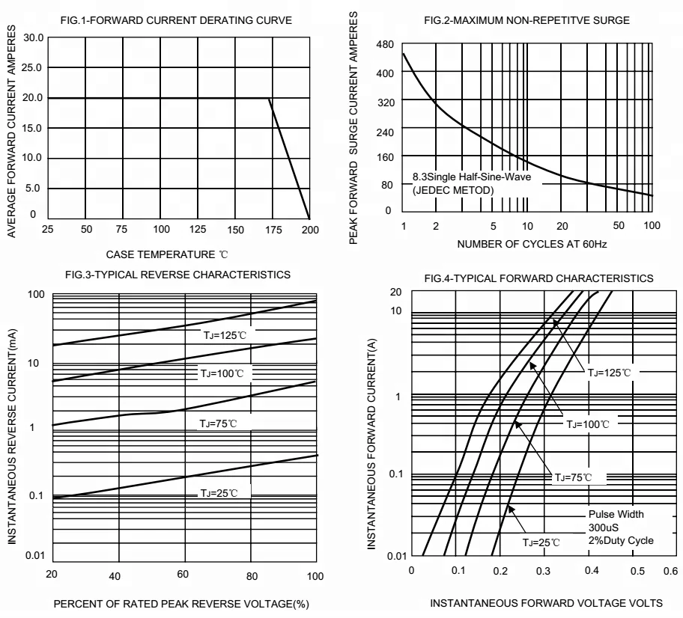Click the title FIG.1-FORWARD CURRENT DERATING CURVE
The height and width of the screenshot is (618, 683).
pos(175,19)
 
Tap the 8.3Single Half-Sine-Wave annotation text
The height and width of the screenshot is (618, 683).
pos(464,177)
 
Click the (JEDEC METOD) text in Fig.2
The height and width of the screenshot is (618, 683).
pos(453,190)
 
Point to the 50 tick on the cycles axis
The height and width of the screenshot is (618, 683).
pos(618,225)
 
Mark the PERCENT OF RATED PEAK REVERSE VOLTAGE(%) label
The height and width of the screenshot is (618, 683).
pos(178,602)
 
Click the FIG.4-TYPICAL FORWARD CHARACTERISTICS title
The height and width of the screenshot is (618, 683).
pos(538,279)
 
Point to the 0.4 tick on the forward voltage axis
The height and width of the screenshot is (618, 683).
pos(592,570)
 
